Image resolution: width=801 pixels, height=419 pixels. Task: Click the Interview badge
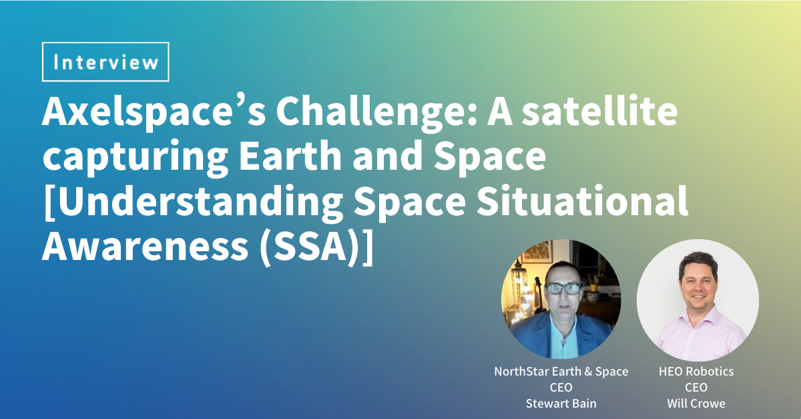click(x=105, y=62)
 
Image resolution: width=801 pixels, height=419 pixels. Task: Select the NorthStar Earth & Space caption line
click(x=561, y=372)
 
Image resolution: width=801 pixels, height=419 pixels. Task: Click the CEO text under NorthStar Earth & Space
click(x=561, y=387)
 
